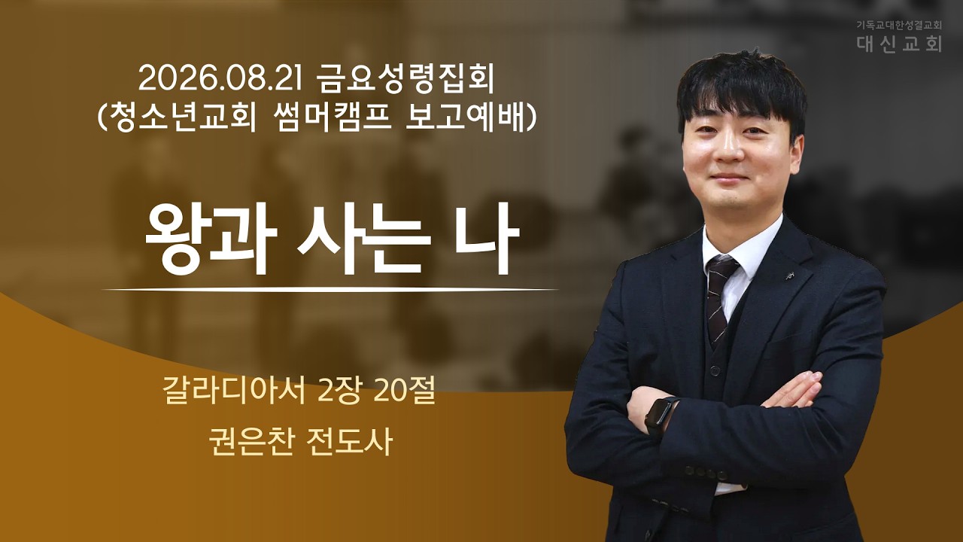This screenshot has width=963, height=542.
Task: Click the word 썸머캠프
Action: pos(332,117)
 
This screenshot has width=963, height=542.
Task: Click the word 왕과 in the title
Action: pos(211,239)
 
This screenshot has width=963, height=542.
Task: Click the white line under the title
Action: pos(330,290)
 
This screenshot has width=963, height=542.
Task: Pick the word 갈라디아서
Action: pos(234,392)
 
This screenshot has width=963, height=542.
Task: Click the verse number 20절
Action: pos(405,392)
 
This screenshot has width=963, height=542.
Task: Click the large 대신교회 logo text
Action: pos(898,44)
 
